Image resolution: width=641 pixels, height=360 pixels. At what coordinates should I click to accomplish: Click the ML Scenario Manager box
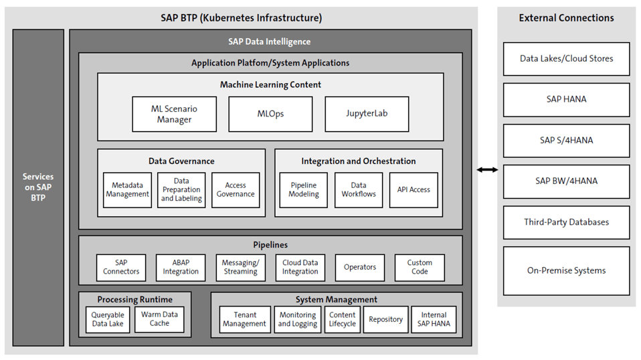point(174,114)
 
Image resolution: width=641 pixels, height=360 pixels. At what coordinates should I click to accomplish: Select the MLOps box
point(270,114)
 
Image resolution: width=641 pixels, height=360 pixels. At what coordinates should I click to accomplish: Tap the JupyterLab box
point(367,114)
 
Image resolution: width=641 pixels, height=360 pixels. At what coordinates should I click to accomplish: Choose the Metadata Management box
point(127,190)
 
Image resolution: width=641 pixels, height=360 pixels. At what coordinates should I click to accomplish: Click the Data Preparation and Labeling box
point(181,190)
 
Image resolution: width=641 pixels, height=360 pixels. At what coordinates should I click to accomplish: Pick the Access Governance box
point(236,190)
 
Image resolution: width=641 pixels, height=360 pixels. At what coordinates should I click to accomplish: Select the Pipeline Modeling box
point(304,190)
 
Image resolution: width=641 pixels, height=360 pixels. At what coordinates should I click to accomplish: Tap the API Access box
point(414,190)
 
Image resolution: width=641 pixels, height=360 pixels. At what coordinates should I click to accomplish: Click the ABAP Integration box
point(181,267)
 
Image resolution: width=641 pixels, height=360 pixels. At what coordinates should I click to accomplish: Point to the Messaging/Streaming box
point(240,267)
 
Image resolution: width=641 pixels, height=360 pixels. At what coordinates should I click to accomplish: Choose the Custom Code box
point(420,267)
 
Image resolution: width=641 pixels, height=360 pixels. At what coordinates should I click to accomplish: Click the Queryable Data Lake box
point(108,319)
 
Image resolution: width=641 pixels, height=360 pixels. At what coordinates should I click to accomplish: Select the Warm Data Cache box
point(159,319)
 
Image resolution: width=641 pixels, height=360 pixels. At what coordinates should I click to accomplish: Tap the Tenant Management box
point(244,319)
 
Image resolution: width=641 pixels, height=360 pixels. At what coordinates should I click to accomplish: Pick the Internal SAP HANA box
point(434,319)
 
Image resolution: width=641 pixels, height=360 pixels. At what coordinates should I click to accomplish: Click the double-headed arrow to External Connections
point(487,170)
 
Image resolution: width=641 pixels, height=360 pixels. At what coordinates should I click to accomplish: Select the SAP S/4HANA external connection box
point(566,141)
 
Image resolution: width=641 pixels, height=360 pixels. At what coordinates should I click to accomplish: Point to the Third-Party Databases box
point(566,222)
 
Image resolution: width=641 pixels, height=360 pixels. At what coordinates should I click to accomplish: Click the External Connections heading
point(566,18)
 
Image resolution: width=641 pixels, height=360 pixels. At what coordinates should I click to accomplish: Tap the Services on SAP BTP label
point(38,187)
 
